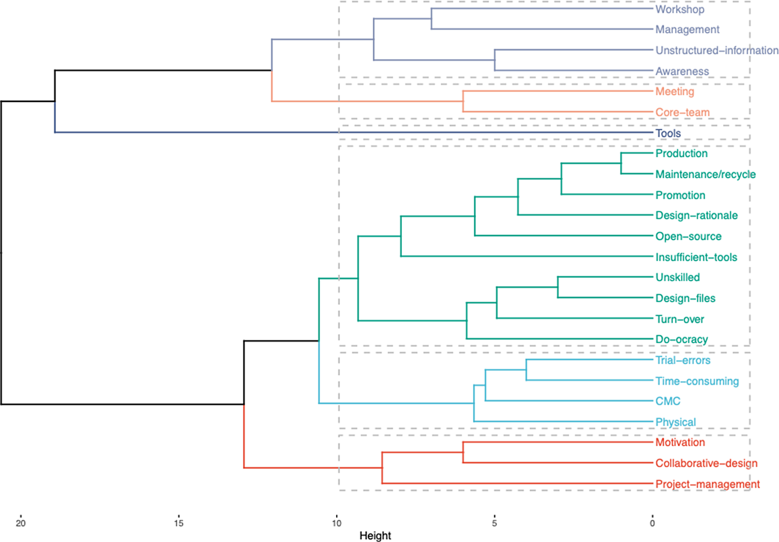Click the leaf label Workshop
click(679, 9)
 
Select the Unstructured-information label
click(717, 50)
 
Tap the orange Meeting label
click(674, 91)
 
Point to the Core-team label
click(682, 113)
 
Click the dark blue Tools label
click(668, 133)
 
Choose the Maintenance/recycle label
click(705, 174)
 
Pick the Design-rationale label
click(696, 216)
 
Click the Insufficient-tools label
click(696, 257)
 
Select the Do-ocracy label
click(681, 339)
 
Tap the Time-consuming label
click(697, 381)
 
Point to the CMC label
click(668, 401)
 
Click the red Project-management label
click(707, 484)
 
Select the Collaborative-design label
click(706, 463)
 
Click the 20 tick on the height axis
click(21, 523)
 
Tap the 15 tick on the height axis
click(179, 523)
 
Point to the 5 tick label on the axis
click(494, 523)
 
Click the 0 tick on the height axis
click(652, 523)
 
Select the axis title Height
click(375, 536)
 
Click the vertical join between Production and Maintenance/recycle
click(621, 163)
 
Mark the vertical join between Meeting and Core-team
click(463, 101)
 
